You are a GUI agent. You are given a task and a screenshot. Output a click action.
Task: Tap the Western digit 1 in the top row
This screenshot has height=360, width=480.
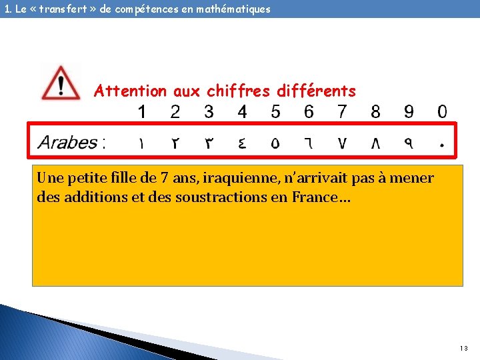point(142,112)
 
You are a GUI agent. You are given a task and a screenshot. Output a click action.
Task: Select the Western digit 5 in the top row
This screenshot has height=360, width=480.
point(275,112)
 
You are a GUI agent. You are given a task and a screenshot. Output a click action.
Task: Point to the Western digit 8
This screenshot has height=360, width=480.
point(376,112)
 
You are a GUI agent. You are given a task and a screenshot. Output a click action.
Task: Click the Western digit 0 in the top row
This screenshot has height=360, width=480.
point(442,112)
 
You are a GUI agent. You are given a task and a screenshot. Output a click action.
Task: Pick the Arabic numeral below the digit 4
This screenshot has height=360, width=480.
point(242,142)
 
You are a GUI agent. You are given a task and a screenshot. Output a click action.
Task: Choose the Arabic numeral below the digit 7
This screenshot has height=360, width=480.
point(342,142)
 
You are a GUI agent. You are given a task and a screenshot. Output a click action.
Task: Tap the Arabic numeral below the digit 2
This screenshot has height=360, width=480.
point(175,142)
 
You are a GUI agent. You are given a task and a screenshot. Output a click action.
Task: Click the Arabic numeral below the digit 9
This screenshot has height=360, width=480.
point(409,142)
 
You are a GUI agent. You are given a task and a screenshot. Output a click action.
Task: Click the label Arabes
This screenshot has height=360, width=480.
point(68,142)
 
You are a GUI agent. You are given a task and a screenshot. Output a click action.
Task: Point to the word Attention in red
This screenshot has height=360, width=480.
point(131,91)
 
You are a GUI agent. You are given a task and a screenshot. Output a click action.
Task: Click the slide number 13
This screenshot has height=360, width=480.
point(464,349)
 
